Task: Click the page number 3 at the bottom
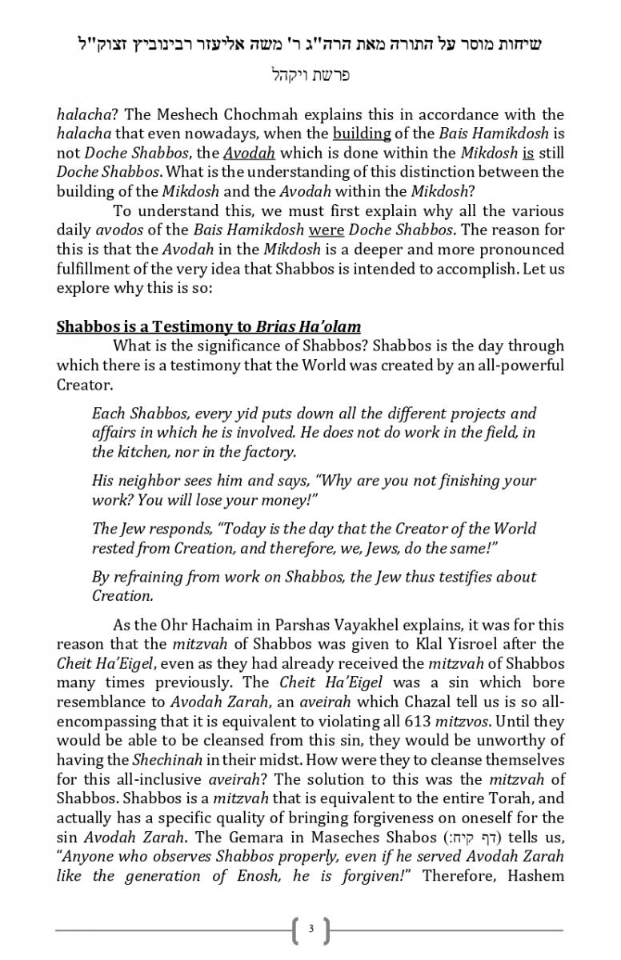tap(310, 930)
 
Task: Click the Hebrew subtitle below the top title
tap(310, 76)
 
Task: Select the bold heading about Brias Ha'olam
tap(208, 326)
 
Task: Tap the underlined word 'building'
tap(362, 134)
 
